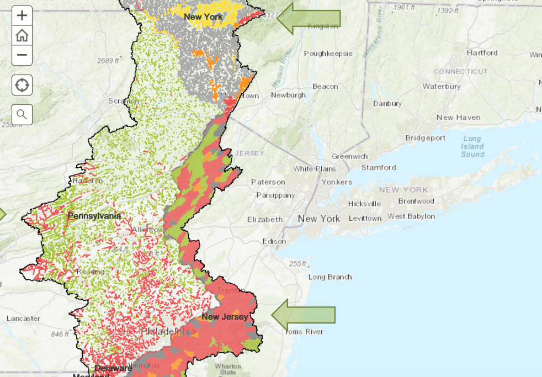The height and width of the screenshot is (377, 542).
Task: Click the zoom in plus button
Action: tap(22, 15)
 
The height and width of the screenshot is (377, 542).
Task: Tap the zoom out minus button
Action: tap(22, 55)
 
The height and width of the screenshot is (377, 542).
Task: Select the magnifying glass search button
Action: tap(22, 114)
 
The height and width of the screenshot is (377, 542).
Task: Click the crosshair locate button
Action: tap(22, 85)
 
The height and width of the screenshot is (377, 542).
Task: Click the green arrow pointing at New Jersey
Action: tap(303, 315)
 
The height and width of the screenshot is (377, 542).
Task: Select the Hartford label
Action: tap(482, 53)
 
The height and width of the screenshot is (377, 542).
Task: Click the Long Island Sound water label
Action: tap(472, 146)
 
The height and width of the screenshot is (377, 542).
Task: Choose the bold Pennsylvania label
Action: tap(94, 216)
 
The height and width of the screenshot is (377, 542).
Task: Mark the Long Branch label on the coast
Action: tap(330, 277)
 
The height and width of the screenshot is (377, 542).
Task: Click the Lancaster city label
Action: tap(23, 318)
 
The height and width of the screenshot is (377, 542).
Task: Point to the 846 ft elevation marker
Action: tap(59, 334)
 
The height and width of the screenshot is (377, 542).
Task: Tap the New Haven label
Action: tap(458, 118)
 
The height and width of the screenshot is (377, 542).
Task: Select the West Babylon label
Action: tap(411, 216)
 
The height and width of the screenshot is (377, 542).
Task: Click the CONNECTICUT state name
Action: tap(460, 72)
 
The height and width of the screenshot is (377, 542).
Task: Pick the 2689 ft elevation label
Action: tap(108, 60)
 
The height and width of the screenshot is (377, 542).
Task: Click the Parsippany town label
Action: tap(275, 195)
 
